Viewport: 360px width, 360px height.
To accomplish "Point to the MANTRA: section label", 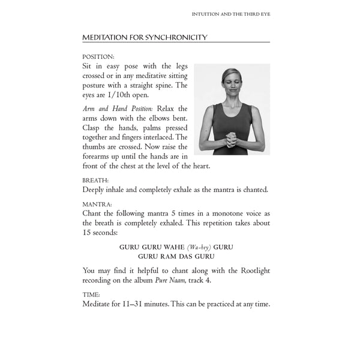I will [x=97, y=205].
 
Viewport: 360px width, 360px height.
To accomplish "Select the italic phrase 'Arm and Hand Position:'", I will [x=111, y=109].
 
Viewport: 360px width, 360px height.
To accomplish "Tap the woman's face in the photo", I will [x=230, y=82].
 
